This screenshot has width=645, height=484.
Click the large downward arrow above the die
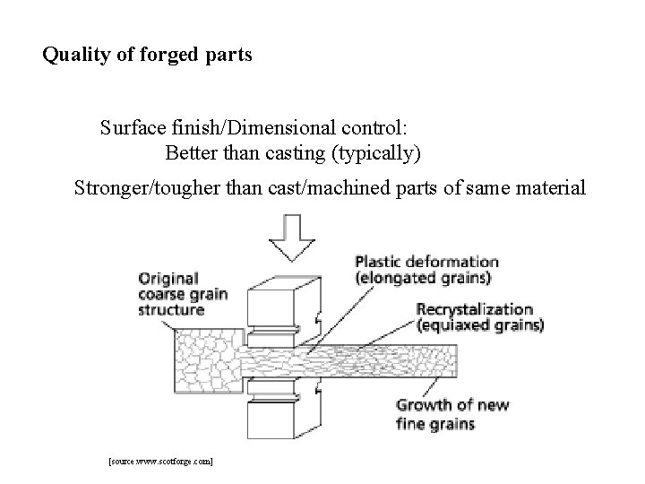coord(293,234)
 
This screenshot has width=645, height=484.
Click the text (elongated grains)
coord(423,279)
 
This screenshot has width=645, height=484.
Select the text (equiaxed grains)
coord(479,326)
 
